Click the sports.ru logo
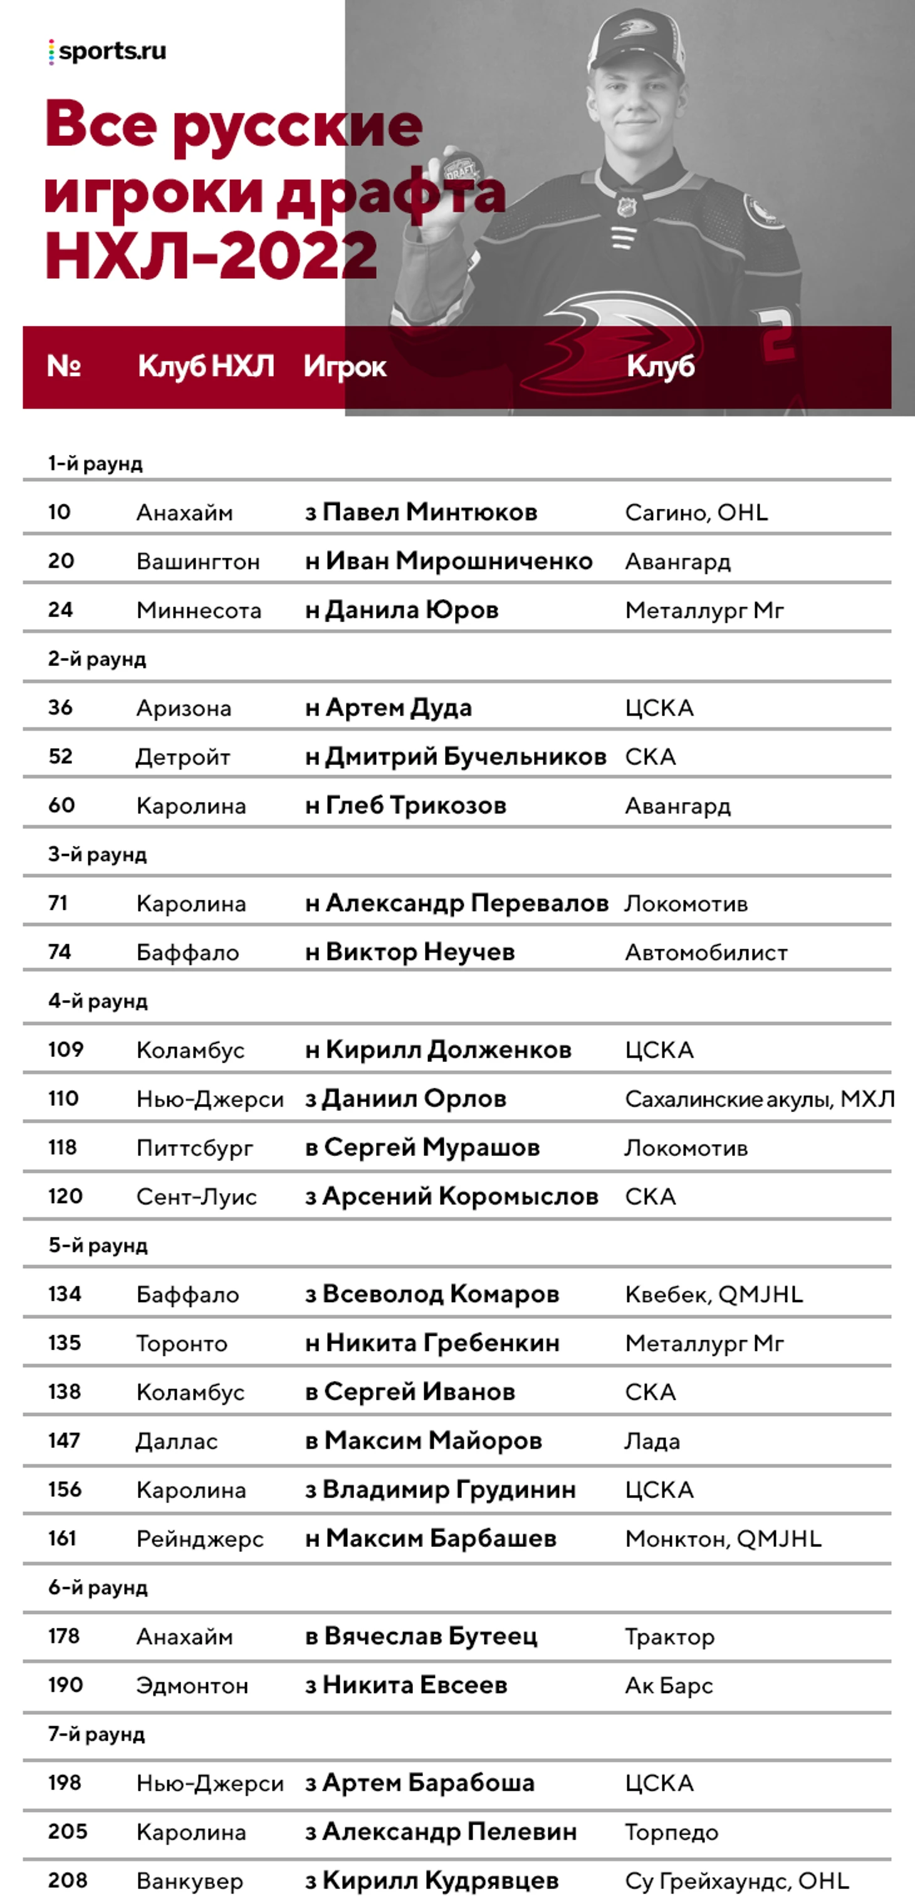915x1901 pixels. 108,51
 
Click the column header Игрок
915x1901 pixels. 345,367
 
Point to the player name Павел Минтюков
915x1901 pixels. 429,512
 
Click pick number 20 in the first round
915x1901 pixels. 61,561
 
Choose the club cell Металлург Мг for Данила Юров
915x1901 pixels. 704,610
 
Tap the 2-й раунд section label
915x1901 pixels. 97,659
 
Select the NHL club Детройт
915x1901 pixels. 183,757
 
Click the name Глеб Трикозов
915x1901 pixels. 416,805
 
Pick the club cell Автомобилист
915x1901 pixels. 706,953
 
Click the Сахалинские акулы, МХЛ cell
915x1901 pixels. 760,1099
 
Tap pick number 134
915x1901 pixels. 65,1294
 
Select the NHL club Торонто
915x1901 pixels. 182,1343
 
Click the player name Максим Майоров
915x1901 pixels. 433,1440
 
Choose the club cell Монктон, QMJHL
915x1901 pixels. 723,1539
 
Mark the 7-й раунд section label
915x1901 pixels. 97,1734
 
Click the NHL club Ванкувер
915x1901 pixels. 190,1881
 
